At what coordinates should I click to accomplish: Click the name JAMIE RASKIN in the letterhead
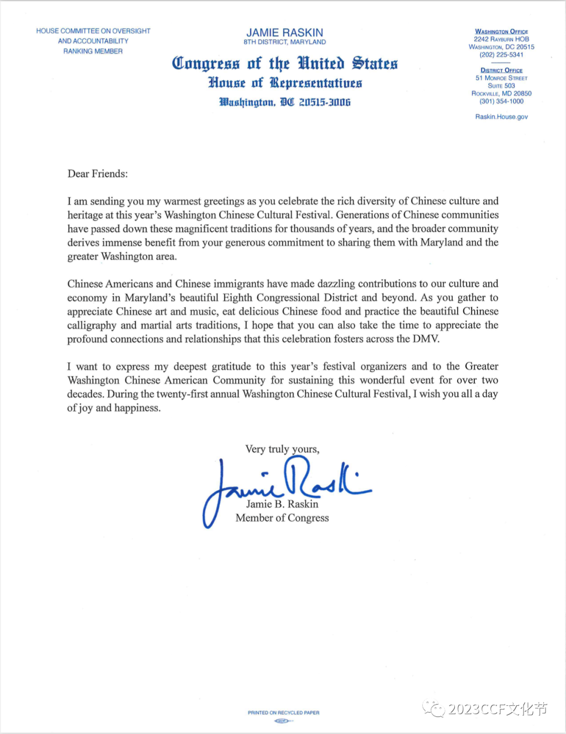click(285, 33)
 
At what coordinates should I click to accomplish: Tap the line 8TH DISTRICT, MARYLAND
click(285, 42)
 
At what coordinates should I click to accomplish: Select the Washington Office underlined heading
click(502, 31)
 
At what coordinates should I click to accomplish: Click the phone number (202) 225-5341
click(502, 55)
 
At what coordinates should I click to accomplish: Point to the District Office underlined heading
click(502, 70)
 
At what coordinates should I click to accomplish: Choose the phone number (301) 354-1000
click(502, 101)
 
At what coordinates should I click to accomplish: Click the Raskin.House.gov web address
click(502, 117)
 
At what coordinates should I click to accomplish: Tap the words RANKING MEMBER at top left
click(93, 51)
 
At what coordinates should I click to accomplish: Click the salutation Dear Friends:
click(97, 174)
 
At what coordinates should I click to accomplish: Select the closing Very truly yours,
click(282, 449)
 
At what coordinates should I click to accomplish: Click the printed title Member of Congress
click(282, 518)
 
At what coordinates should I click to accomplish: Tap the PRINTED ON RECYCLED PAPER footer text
click(284, 713)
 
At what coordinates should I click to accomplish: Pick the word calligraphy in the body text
click(92, 325)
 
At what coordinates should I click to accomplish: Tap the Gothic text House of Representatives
click(285, 83)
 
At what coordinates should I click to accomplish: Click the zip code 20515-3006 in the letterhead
click(324, 102)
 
